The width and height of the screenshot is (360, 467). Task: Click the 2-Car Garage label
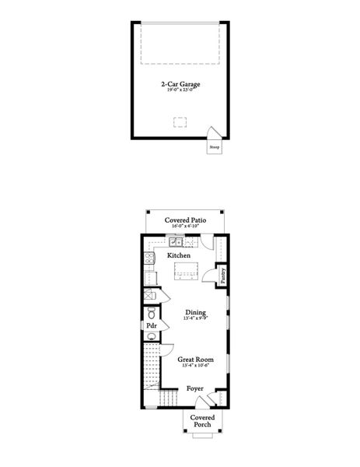click(x=180, y=85)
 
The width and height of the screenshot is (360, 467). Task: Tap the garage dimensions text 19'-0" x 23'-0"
click(x=180, y=91)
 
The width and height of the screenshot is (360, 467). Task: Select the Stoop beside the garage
click(x=214, y=145)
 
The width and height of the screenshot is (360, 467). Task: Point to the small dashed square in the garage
click(x=180, y=121)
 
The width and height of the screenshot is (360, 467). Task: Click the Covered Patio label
click(x=184, y=220)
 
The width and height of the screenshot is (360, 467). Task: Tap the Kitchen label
click(x=180, y=255)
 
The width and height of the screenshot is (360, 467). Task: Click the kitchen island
click(x=185, y=270)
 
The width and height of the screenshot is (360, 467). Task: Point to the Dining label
click(x=184, y=312)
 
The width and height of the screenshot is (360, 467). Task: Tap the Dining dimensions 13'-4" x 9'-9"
click(x=184, y=318)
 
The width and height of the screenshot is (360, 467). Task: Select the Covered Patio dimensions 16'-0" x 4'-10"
click(x=184, y=226)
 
